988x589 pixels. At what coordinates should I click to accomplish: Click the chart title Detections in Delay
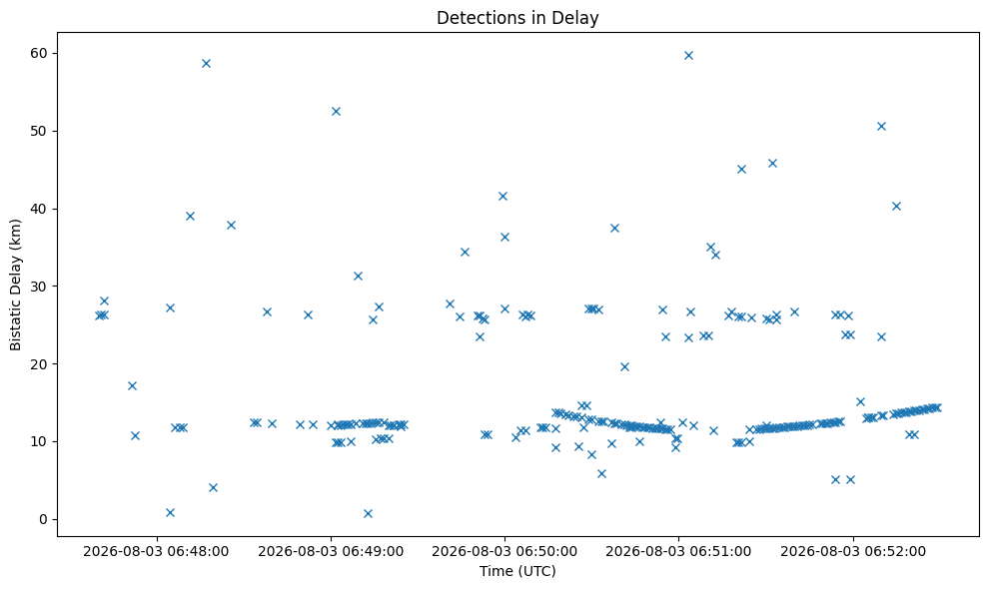[x=517, y=18]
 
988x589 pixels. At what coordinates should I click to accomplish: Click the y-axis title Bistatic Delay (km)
[x=15, y=285]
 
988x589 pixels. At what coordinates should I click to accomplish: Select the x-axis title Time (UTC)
[x=517, y=571]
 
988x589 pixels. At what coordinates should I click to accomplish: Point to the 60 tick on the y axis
[x=39, y=53]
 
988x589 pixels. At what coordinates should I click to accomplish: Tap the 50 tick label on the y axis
[x=39, y=131]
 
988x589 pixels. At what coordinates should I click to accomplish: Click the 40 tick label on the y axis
[x=39, y=209]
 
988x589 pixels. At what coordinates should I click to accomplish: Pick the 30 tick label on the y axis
[x=39, y=286]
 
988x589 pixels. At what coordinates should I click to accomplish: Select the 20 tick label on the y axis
[x=39, y=364]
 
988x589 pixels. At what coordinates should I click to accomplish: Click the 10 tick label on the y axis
[x=39, y=441]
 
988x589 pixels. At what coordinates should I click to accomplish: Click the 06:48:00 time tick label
[x=156, y=552]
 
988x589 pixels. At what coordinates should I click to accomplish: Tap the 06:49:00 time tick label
[x=331, y=552]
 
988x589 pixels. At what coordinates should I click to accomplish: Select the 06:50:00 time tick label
[x=504, y=552]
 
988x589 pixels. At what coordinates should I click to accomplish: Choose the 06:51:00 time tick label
[x=678, y=552]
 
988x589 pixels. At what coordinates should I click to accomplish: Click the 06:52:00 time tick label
[x=853, y=552]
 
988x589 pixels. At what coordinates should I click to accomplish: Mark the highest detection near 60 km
[x=688, y=56]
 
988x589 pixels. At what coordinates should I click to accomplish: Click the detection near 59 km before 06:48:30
[x=206, y=63]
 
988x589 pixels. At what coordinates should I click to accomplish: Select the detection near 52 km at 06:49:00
[x=336, y=112]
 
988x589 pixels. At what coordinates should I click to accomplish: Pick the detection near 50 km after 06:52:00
[x=881, y=126]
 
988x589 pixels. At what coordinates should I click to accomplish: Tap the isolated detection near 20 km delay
[x=624, y=366]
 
